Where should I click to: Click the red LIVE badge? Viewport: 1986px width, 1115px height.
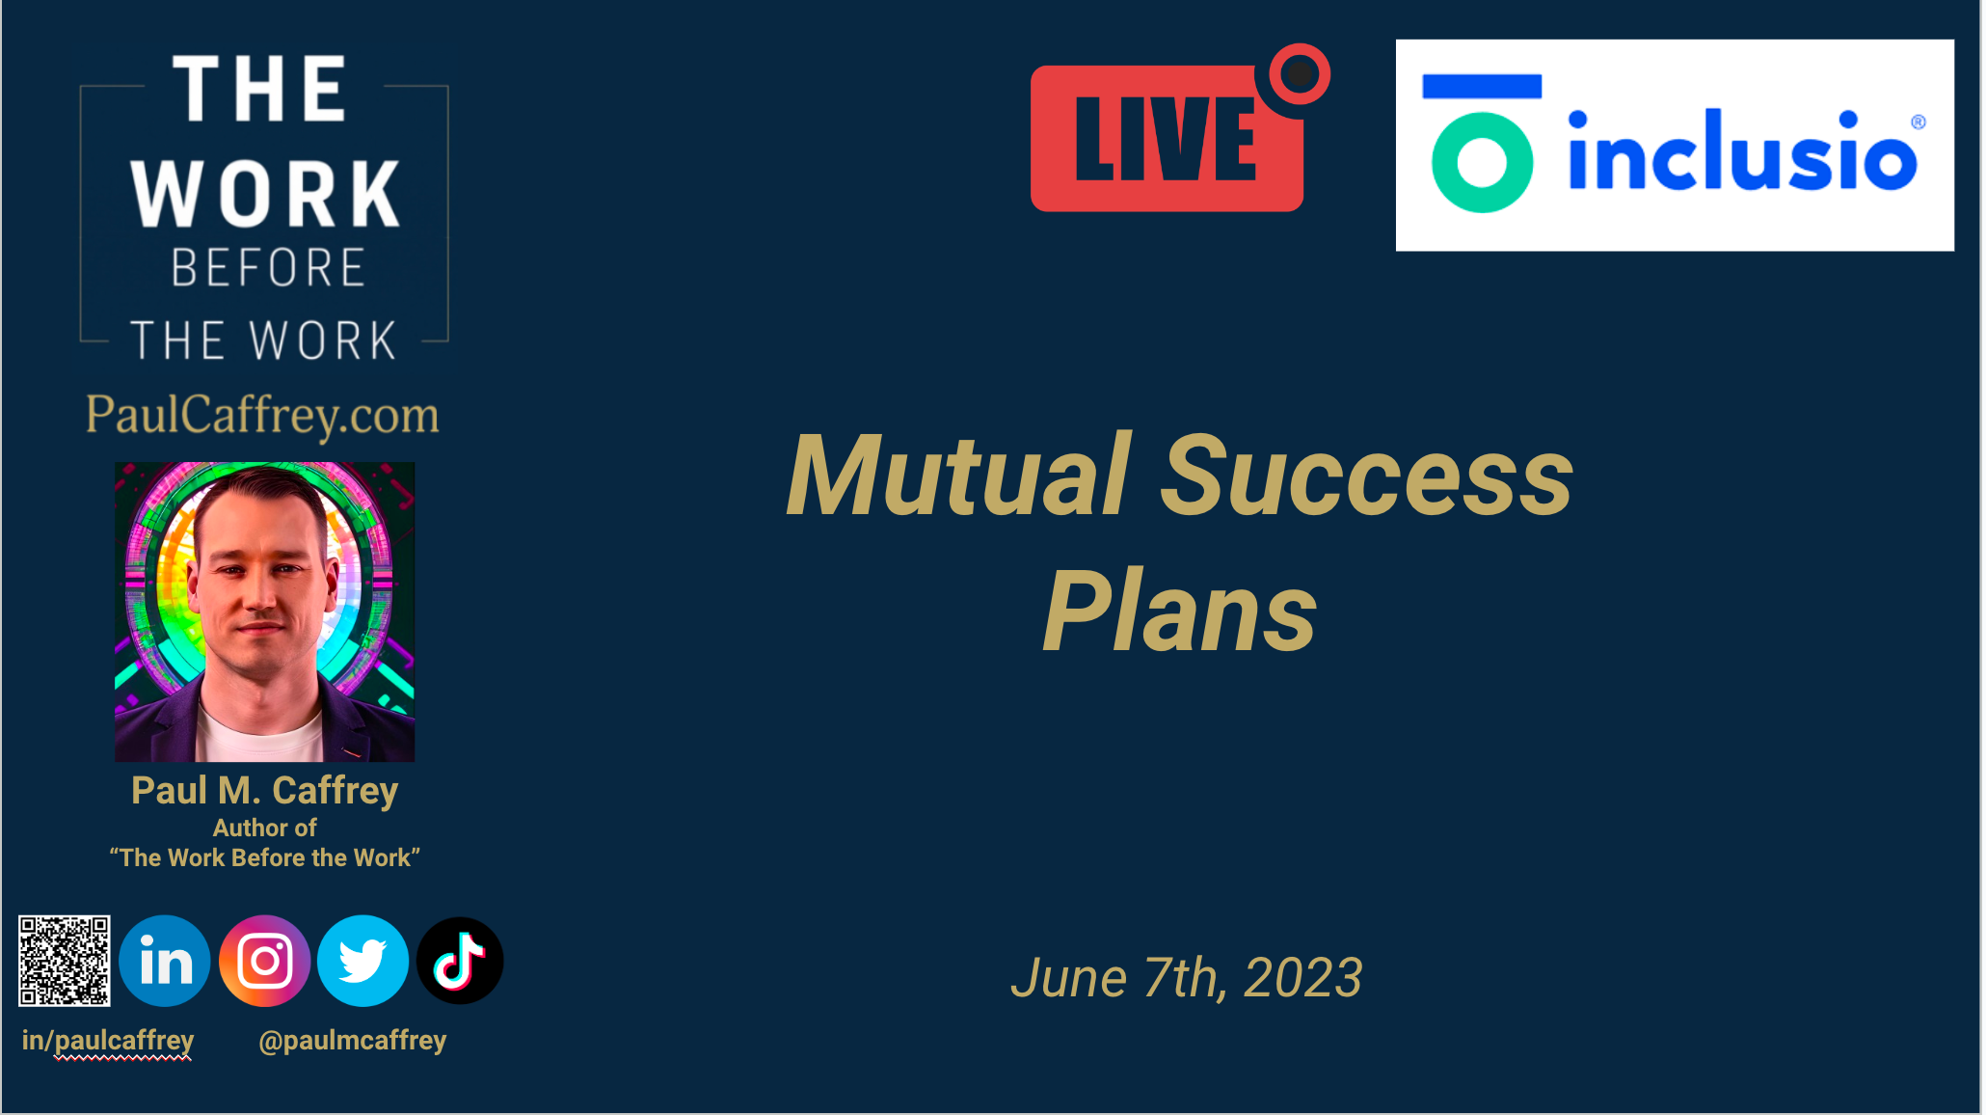pos(1167,138)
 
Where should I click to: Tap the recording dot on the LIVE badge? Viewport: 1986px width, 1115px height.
pos(1300,73)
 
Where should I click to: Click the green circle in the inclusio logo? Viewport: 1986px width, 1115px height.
pos(1482,162)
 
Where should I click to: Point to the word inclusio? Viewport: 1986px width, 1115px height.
pos(1742,150)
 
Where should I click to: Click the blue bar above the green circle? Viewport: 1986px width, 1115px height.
pos(1482,86)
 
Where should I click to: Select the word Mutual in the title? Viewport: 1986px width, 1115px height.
pos(959,476)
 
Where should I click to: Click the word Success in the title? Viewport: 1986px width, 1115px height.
pos(1366,476)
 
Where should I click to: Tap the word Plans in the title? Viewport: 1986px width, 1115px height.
pos(1180,611)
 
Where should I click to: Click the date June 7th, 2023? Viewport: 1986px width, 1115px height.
pos(1187,978)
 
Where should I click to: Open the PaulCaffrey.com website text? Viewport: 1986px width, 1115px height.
pos(262,415)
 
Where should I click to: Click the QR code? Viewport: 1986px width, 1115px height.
pos(65,961)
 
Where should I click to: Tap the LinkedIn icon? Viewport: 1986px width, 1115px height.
pos(165,961)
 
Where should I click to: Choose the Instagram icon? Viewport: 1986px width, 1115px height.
pos(265,961)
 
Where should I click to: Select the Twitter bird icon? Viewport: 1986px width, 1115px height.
pos(363,961)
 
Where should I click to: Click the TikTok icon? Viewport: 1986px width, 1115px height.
pos(460,961)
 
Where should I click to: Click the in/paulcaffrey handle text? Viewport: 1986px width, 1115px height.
pos(108,1041)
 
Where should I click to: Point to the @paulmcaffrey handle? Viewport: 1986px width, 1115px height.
pos(353,1041)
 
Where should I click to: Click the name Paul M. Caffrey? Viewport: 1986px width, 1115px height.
pos(264,791)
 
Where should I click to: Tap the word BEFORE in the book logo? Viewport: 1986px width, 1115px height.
pos(268,267)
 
